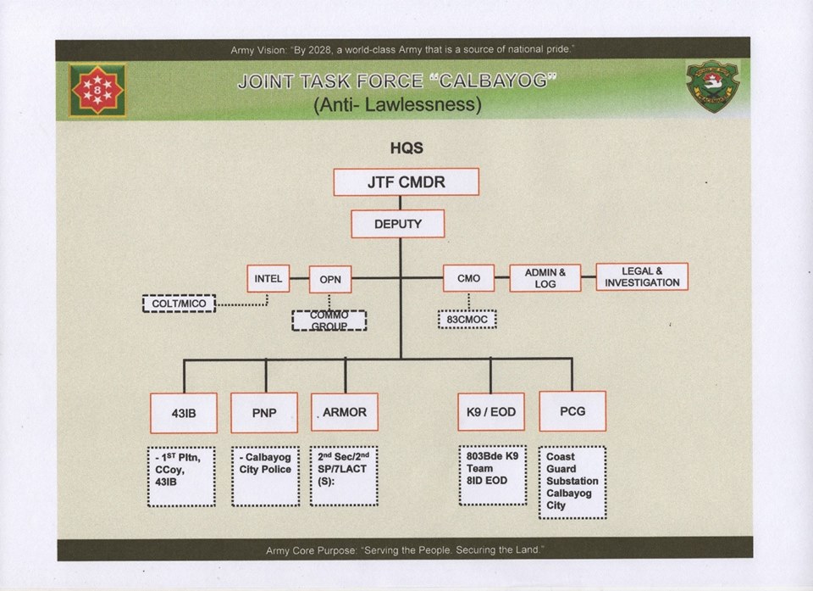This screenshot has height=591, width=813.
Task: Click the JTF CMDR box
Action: (x=406, y=181)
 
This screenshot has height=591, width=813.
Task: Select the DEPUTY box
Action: (x=397, y=224)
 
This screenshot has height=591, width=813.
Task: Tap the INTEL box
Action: (x=268, y=278)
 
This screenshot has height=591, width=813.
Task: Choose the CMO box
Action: (x=468, y=278)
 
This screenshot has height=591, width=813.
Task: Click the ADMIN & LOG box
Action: (x=545, y=278)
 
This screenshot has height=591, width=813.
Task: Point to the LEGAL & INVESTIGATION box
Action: (x=642, y=276)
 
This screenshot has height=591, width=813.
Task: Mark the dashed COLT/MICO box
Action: (x=180, y=303)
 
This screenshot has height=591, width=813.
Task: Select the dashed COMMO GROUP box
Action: (x=329, y=321)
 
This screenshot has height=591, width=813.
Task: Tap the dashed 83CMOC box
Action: (x=467, y=320)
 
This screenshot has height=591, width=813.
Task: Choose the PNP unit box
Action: (x=264, y=413)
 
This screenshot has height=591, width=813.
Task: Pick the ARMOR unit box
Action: (x=344, y=412)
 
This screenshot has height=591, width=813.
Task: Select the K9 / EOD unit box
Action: (x=491, y=413)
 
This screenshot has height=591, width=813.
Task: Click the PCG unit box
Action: (x=572, y=411)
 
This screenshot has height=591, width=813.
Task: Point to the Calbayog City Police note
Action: (x=265, y=476)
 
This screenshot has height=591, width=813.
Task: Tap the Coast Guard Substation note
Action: (x=572, y=482)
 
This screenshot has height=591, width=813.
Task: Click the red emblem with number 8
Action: (x=97, y=89)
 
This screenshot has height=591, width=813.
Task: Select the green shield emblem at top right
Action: (x=712, y=86)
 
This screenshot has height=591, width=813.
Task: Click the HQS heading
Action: (x=406, y=148)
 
